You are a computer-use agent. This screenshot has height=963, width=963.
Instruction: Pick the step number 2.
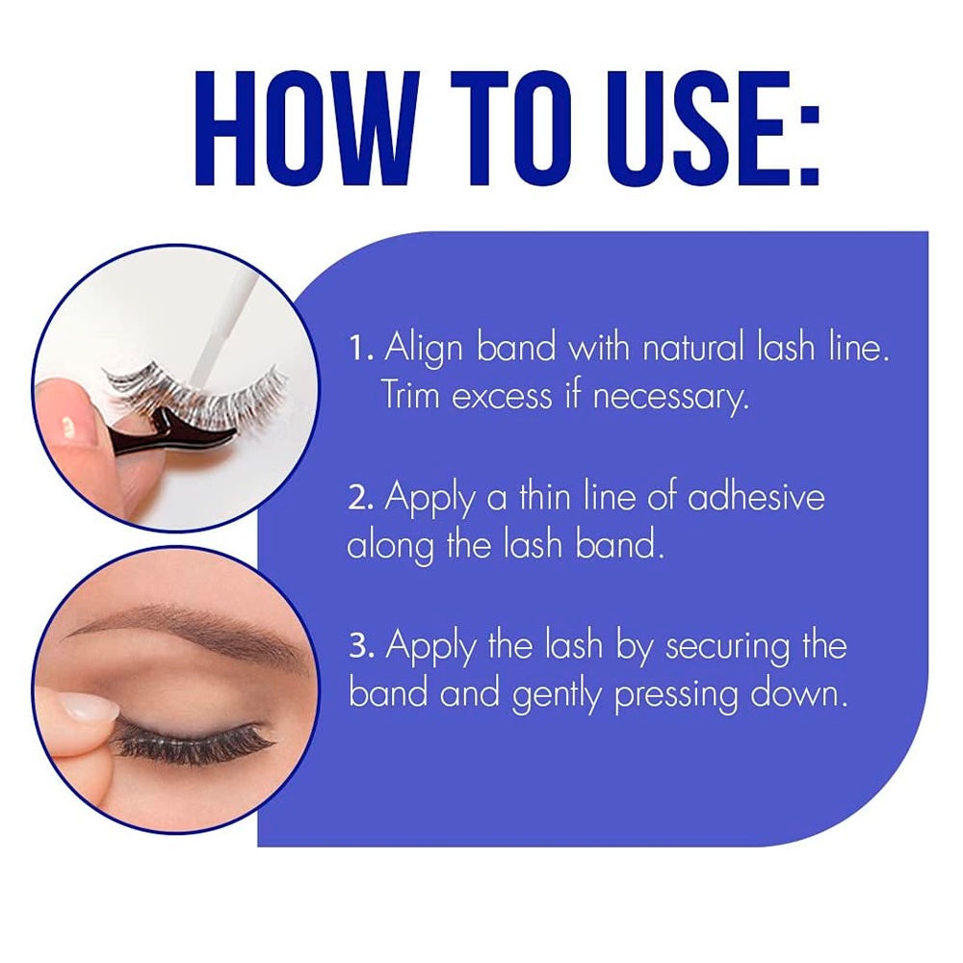click(361, 499)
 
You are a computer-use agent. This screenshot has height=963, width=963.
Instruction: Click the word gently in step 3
click(557, 697)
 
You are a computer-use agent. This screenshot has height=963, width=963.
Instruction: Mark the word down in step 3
click(798, 692)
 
